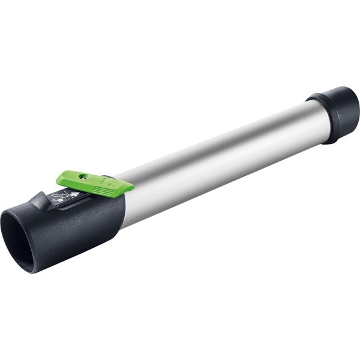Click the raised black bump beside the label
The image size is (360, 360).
point(40,202)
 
